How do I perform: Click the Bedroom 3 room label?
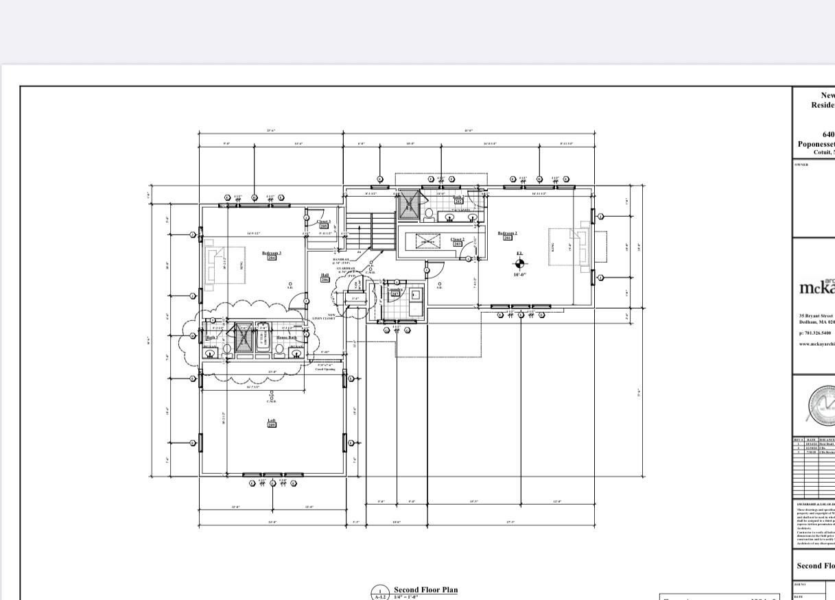point(272,253)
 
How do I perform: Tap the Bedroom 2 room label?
point(508,234)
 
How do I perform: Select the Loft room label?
point(272,420)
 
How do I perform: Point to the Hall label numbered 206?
point(325,276)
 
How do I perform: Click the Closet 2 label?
point(458,239)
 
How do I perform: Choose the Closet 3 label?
point(323,221)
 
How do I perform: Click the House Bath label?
point(287,337)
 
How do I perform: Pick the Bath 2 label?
point(458,197)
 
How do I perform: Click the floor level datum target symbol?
point(519,263)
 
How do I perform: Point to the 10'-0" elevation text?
point(519,275)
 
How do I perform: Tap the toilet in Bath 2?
point(428,213)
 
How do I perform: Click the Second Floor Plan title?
point(425,590)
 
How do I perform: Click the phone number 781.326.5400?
point(816,333)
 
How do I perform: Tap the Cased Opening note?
point(325,368)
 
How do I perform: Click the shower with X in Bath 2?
point(410,203)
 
